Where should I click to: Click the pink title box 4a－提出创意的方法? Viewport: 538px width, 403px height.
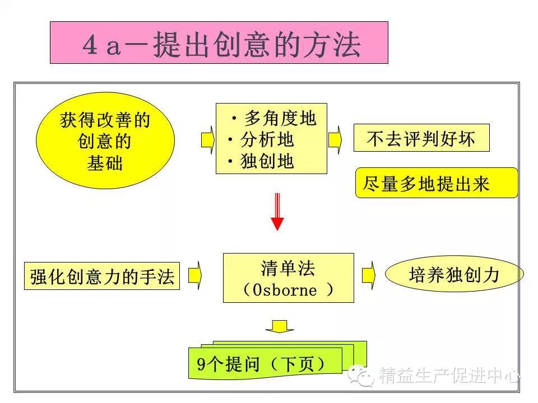[219, 43]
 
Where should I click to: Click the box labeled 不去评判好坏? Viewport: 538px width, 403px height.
[421, 138]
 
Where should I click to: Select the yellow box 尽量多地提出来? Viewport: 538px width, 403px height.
[436, 183]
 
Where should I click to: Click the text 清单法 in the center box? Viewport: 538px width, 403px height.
[288, 268]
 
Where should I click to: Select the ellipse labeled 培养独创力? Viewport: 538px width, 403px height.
[454, 275]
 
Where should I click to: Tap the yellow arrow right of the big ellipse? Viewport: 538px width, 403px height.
[207, 139]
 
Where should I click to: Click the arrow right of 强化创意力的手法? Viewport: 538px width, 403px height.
[194, 275]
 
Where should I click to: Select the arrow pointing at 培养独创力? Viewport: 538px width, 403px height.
[368, 275]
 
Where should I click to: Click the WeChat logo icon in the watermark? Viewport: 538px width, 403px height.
[361, 376]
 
